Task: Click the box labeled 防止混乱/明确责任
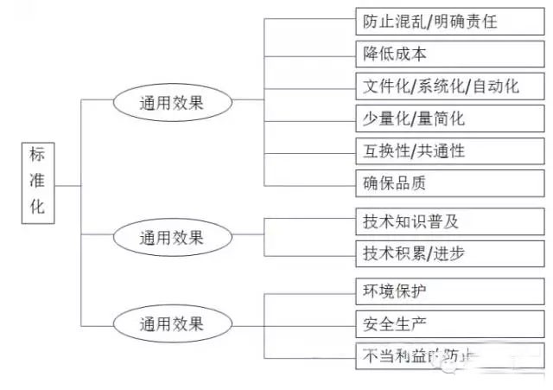click(x=449, y=20)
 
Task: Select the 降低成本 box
click(x=449, y=53)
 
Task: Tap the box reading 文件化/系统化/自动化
click(x=449, y=86)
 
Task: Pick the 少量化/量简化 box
click(x=449, y=118)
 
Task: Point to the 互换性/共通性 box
click(x=449, y=150)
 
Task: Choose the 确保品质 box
click(x=449, y=182)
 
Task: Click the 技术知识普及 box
click(x=449, y=221)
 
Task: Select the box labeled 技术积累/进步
click(x=449, y=253)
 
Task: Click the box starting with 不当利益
click(x=449, y=356)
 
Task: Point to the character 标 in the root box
click(x=37, y=156)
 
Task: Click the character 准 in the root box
click(x=37, y=182)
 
